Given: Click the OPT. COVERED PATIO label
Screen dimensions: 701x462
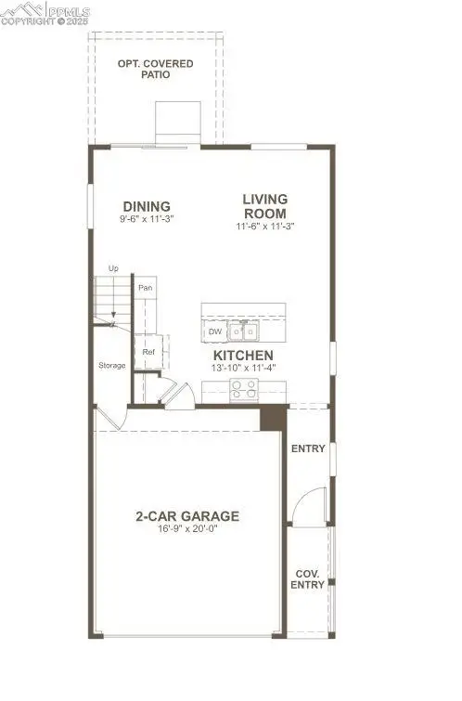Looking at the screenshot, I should pyautogui.click(x=155, y=69).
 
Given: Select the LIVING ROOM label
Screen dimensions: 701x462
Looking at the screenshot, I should pyautogui.click(x=265, y=205).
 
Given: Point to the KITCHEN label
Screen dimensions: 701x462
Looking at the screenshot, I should pyautogui.click(x=243, y=356).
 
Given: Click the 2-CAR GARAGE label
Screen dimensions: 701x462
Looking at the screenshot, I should pyautogui.click(x=187, y=516).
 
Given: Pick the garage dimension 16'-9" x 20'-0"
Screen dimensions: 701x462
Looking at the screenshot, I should pyautogui.click(x=187, y=531).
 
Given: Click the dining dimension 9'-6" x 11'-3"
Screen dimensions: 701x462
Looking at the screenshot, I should pyautogui.click(x=148, y=219).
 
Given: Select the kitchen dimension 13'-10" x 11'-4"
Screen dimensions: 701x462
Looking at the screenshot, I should pyautogui.click(x=243, y=369).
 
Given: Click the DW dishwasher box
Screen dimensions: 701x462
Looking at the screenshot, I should pyautogui.click(x=215, y=331).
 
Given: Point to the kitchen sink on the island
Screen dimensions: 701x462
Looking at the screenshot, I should pyautogui.click(x=246, y=331).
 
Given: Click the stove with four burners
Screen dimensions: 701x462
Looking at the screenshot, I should pyautogui.click(x=243, y=391).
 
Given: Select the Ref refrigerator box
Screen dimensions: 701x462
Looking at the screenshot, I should pyautogui.click(x=148, y=353).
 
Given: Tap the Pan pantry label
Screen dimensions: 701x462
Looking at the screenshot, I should pyautogui.click(x=145, y=289).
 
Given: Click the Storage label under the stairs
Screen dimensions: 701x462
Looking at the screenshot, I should pyautogui.click(x=112, y=365).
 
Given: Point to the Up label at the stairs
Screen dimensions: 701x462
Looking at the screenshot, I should pyautogui.click(x=113, y=268).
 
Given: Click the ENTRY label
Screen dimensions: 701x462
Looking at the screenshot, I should pyautogui.click(x=308, y=449).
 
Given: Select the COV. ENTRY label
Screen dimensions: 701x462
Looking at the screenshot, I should pyautogui.click(x=309, y=579).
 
